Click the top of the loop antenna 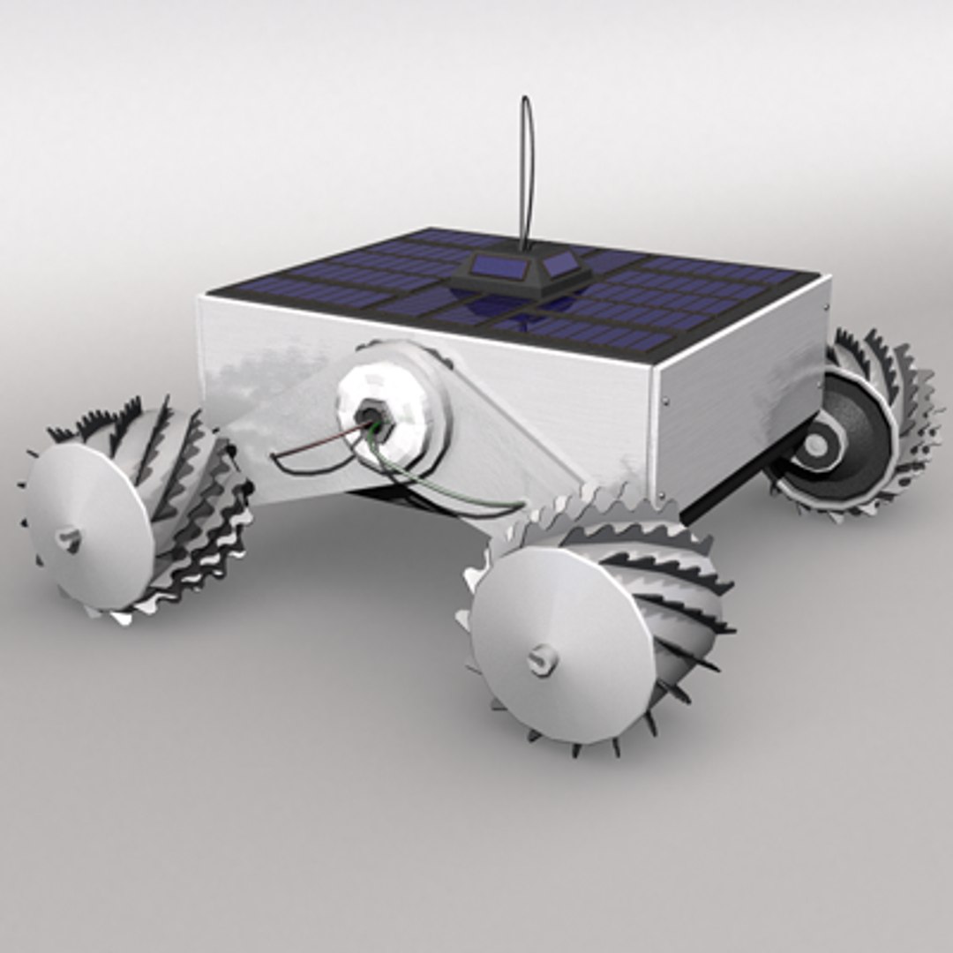point(526,99)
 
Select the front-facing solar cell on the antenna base point(493,265)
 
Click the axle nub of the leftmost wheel point(69,538)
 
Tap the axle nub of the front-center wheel point(542,658)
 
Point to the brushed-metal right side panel point(741,388)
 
